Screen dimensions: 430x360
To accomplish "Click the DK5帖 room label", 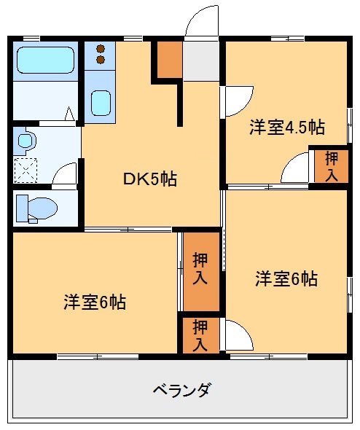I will (x=150, y=179).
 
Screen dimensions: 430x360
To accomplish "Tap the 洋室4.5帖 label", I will (x=286, y=127).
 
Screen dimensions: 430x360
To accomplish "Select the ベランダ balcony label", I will (x=181, y=388).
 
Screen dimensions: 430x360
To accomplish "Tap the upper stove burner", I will (x=101, y=50).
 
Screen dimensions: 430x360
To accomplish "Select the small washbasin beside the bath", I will (x=27, y=140).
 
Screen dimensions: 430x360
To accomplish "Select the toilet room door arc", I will (x=66, y=174).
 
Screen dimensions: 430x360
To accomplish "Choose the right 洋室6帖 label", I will (x=286, y=278).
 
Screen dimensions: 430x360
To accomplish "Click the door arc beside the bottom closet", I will (x=238, y=336).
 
